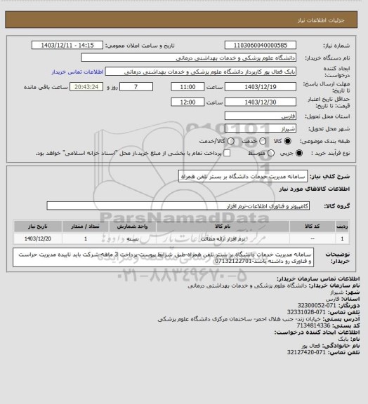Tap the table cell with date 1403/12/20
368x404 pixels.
coord(37,239)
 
